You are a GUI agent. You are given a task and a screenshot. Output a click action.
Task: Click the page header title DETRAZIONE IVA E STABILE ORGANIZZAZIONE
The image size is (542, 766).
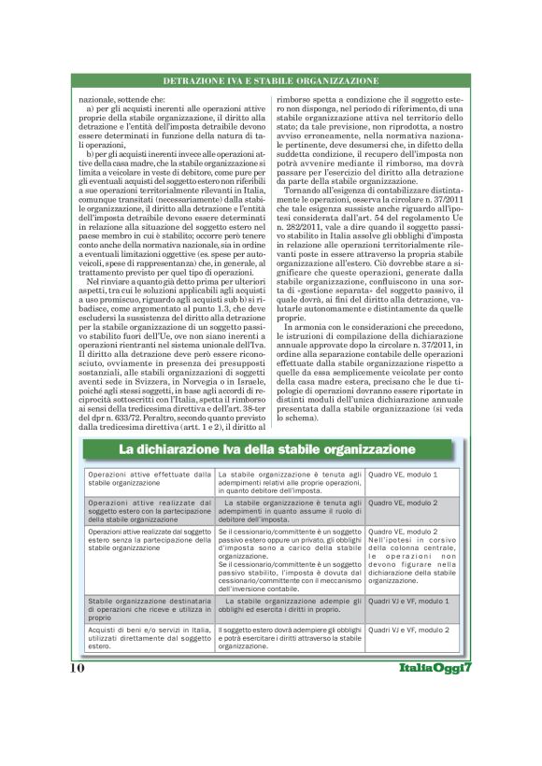(270, 82)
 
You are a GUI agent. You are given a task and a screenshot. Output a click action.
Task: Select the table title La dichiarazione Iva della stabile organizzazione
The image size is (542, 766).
(266, 450)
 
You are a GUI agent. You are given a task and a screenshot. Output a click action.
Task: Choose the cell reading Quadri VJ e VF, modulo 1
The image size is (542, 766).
(408, 601)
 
